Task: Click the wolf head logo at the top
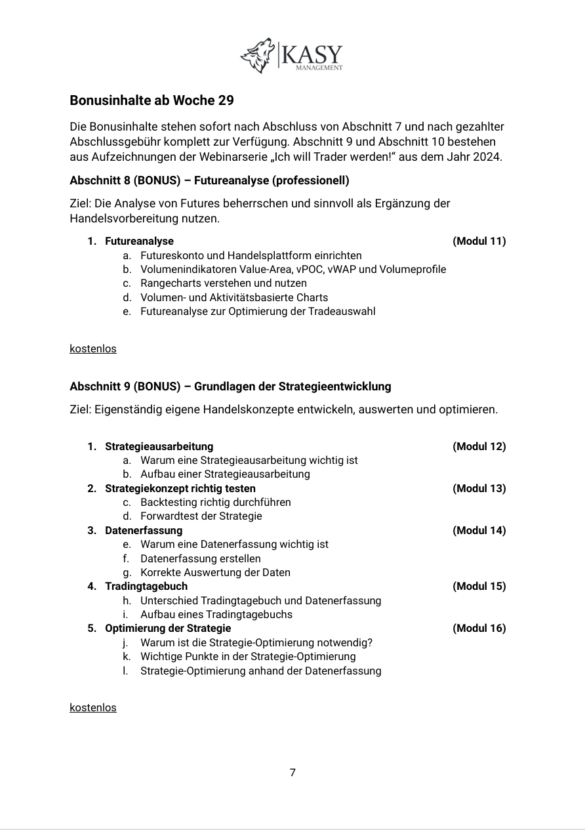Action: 258,55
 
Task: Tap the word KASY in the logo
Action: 311,53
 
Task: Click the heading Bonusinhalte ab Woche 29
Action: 151,100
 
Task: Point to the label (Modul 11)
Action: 479,241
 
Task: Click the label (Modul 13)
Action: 479,488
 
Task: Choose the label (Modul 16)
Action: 479,628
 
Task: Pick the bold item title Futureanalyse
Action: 139,241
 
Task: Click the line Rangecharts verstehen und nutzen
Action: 223,283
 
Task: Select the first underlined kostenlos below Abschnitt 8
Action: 93,348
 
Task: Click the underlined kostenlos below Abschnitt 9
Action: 93,707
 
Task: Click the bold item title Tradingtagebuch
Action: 146,586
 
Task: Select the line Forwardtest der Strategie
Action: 201,516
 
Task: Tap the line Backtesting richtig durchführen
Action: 215,502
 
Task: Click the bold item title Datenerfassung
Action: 144,530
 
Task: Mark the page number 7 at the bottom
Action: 292,772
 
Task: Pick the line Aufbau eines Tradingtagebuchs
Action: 216,614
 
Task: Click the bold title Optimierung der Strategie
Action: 168,628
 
